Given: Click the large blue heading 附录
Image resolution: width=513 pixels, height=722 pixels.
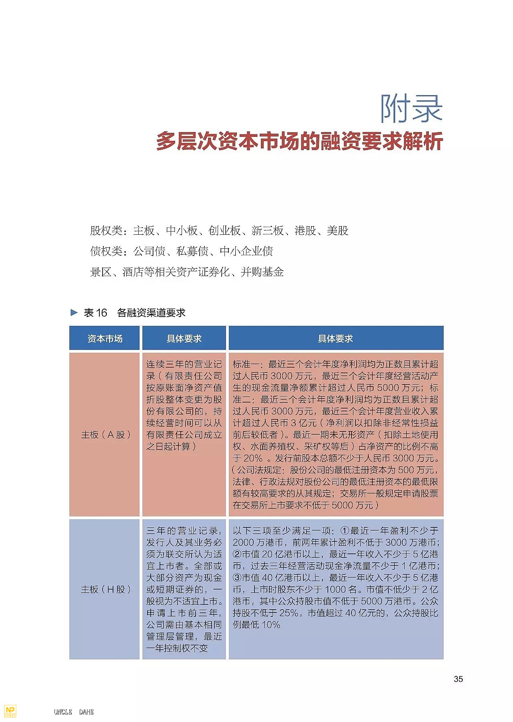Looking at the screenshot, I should pyautogui.click(x=411, y=108).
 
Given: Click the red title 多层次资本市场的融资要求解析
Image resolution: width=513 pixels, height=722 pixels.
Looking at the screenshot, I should pyautogui.click(x=299, y=141).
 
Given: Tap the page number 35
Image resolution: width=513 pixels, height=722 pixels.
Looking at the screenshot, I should pyautogui.click(x=458, y=679).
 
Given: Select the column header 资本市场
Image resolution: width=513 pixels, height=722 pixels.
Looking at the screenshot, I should pyautogui.click(x=105, y=339).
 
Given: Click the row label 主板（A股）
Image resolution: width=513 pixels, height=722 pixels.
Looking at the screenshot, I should pyautogui.click(x=105, y=435).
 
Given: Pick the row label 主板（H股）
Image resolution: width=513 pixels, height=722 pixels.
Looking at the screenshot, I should pyautogui.click(x=105, y=589).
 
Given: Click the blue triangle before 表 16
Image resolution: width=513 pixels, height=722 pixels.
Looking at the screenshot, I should pyautogui.click(x=74, y=312).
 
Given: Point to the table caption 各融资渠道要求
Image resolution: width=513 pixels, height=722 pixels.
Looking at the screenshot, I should pyautogui.click(x=151, y=313).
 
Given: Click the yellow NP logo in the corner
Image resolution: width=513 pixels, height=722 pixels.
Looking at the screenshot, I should pyautogui.click(x=10, y=711).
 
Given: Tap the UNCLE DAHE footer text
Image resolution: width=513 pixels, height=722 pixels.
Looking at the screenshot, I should pyautogui.click(x=74, y=712).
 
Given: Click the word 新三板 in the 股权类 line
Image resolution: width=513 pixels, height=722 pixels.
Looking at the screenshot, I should pyautogui.click(x=267, y=230).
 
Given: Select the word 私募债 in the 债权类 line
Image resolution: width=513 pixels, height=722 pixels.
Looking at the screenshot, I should pyautogui.click(x=192, y=251).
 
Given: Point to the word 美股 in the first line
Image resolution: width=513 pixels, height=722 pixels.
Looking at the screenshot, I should pyautogui.click(x=337, y=230).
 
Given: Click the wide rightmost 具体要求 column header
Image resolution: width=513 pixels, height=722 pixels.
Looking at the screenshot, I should pyautogui.click(x=335, y=339).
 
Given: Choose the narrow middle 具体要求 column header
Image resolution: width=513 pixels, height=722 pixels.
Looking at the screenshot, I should pyautogui.click(x=184, y=339).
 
